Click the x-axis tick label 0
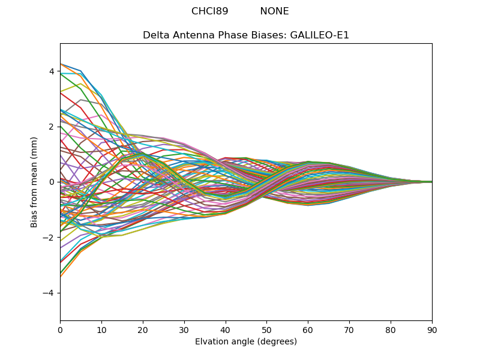60,329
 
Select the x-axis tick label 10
101,329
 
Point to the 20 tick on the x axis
143,329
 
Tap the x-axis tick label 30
184,329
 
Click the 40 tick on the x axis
226,329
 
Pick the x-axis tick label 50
266,329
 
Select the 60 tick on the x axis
308,329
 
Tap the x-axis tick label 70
349,329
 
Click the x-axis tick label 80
391,329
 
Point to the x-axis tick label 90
432,329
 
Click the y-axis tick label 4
52,71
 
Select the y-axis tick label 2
52,127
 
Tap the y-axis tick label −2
49,238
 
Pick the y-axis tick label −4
49,293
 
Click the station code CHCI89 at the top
209,11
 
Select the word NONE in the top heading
274,11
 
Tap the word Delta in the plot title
155,35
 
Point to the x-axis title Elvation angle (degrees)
246,341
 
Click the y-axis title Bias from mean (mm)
35,182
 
